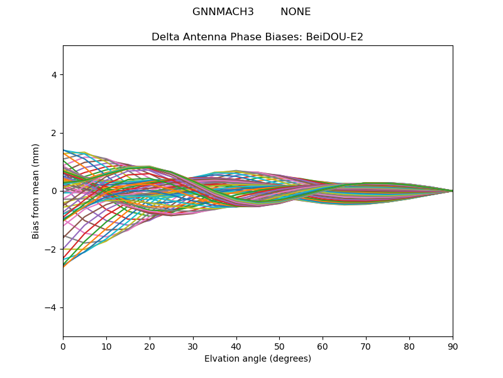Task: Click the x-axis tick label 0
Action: [x=63, y=346]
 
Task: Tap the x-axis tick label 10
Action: [x=106, y=346]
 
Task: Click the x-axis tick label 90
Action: [x=453, y=346]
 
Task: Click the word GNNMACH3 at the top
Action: [x=223, y=12]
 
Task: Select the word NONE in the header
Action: [x=296, y=12]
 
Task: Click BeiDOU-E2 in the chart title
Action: [x=334, y=37]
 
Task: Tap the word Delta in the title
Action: [x=165, y=37]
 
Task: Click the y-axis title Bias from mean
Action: [x=36, y=191]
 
